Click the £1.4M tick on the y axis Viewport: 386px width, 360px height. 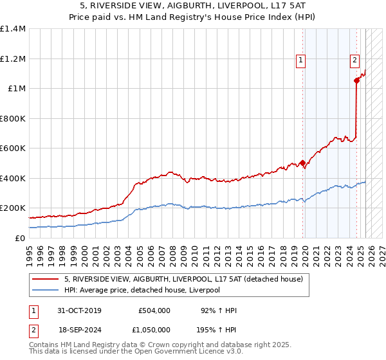[x=13, y=29]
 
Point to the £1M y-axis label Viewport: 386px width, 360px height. [x=16, y=89]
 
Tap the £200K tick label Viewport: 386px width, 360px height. [x=13, y=208]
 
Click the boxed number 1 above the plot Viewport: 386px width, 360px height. [x=300, y=61]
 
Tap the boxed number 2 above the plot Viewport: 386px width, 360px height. [x=354, y=61]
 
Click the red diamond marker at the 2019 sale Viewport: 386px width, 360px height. [x=302, y=163]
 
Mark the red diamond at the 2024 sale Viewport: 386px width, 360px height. [x=356, y=81]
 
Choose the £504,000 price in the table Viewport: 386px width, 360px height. [x=154, y=310]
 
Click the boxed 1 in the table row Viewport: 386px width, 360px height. [x=33, y=310]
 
